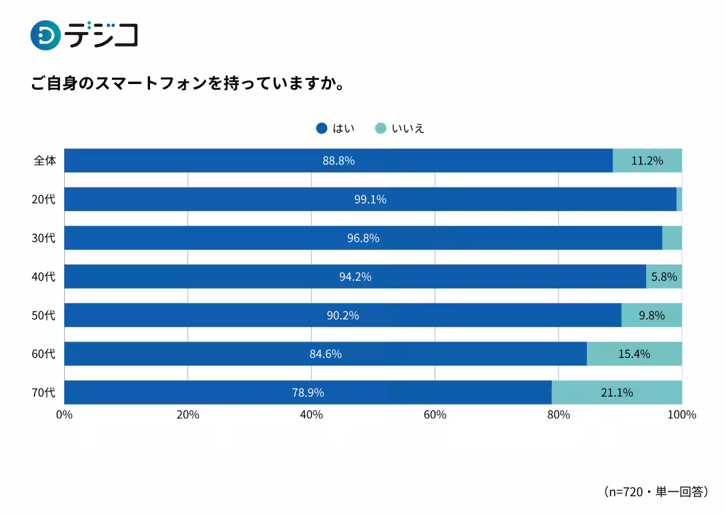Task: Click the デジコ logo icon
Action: (x=45, y=35)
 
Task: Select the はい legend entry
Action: (x=336, y=128)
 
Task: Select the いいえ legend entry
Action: (x=401, y=128)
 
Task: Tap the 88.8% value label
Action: (x=338, y=161)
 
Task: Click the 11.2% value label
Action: (x=647, y=161)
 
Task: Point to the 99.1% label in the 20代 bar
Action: (x=370, y=200)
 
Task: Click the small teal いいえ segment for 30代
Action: (x=672, y=238)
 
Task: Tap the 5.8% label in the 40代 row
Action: (x=664, y=277)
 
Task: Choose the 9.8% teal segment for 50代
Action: (x=652, y=315)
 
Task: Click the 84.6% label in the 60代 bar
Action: (x=325, y=354)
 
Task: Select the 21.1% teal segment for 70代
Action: (x=616, y=392)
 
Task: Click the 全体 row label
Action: (x=45, y=161)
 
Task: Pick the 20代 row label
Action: (x=44, y=200)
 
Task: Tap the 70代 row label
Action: (x=44, y=392)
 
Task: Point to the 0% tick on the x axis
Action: (x=64, y=415)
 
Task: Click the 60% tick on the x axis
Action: (x=434, y=415)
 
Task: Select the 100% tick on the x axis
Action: (x=682, y=415)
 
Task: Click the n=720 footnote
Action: (x=656, y=492)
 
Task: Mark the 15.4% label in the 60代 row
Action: (x=633, y=354)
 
